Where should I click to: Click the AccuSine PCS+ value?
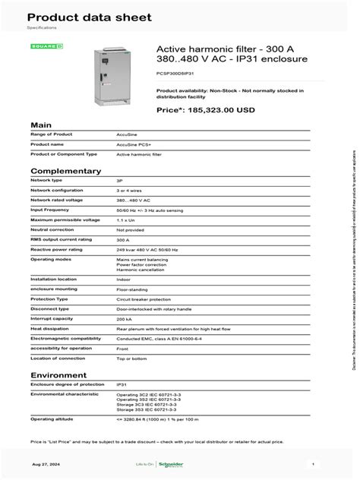pos(133,144)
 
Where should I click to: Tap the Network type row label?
pos(45,181)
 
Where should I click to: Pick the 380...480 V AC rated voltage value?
pos(134,199)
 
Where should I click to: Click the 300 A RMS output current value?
pos(122,238)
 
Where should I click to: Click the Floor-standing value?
pos(131,289)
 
